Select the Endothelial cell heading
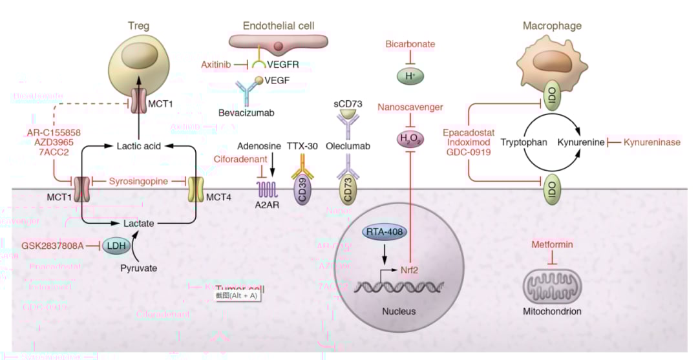pyautogui.click(x=279, y=26)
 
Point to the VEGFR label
pyautogui.click(x=284, y=65)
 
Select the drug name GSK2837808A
pyautogui.click(x=52, y=246)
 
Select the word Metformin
pyautogui.click(x=552, y=245)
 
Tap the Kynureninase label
pyautogui.click(x=651, y=142)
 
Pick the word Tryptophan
pyautogui.click(x=524, y=142)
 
